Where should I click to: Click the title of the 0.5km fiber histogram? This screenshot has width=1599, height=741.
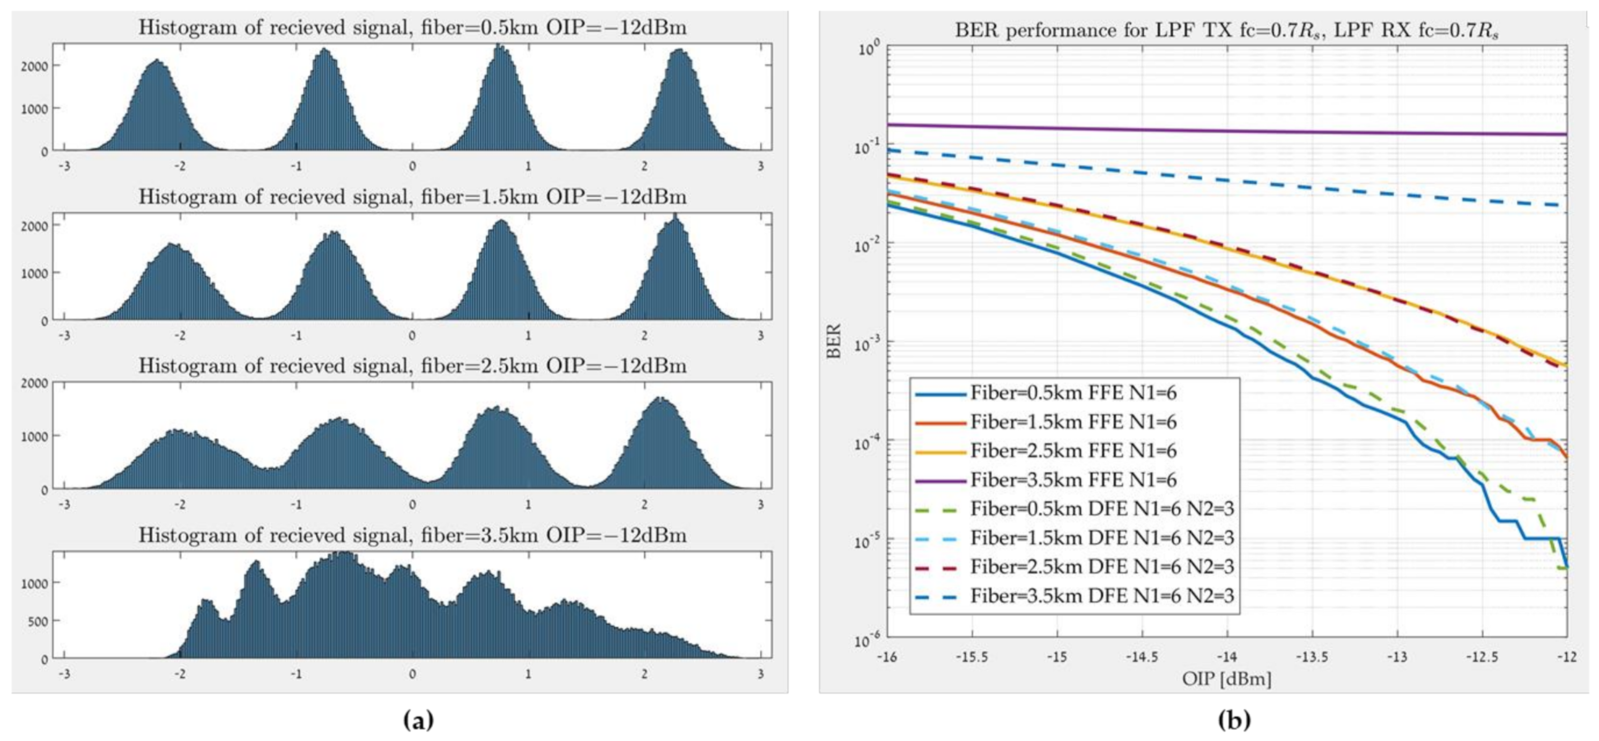412,28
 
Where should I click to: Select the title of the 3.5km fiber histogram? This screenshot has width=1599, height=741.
412,535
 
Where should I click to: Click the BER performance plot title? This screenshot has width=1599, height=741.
1226,31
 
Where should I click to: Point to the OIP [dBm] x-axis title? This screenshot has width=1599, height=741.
1226,679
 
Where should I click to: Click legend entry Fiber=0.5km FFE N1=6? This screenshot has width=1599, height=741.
1072,394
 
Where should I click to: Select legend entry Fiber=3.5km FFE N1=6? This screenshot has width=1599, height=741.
1072,480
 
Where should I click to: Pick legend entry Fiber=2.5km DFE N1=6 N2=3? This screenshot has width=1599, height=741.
1102,567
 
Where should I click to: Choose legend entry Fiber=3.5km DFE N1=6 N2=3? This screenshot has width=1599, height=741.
1102,596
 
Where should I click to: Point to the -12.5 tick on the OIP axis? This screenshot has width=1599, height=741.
1482,657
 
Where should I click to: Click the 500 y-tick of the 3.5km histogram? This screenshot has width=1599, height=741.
38,621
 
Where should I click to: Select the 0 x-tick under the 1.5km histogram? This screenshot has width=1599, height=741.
412,336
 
